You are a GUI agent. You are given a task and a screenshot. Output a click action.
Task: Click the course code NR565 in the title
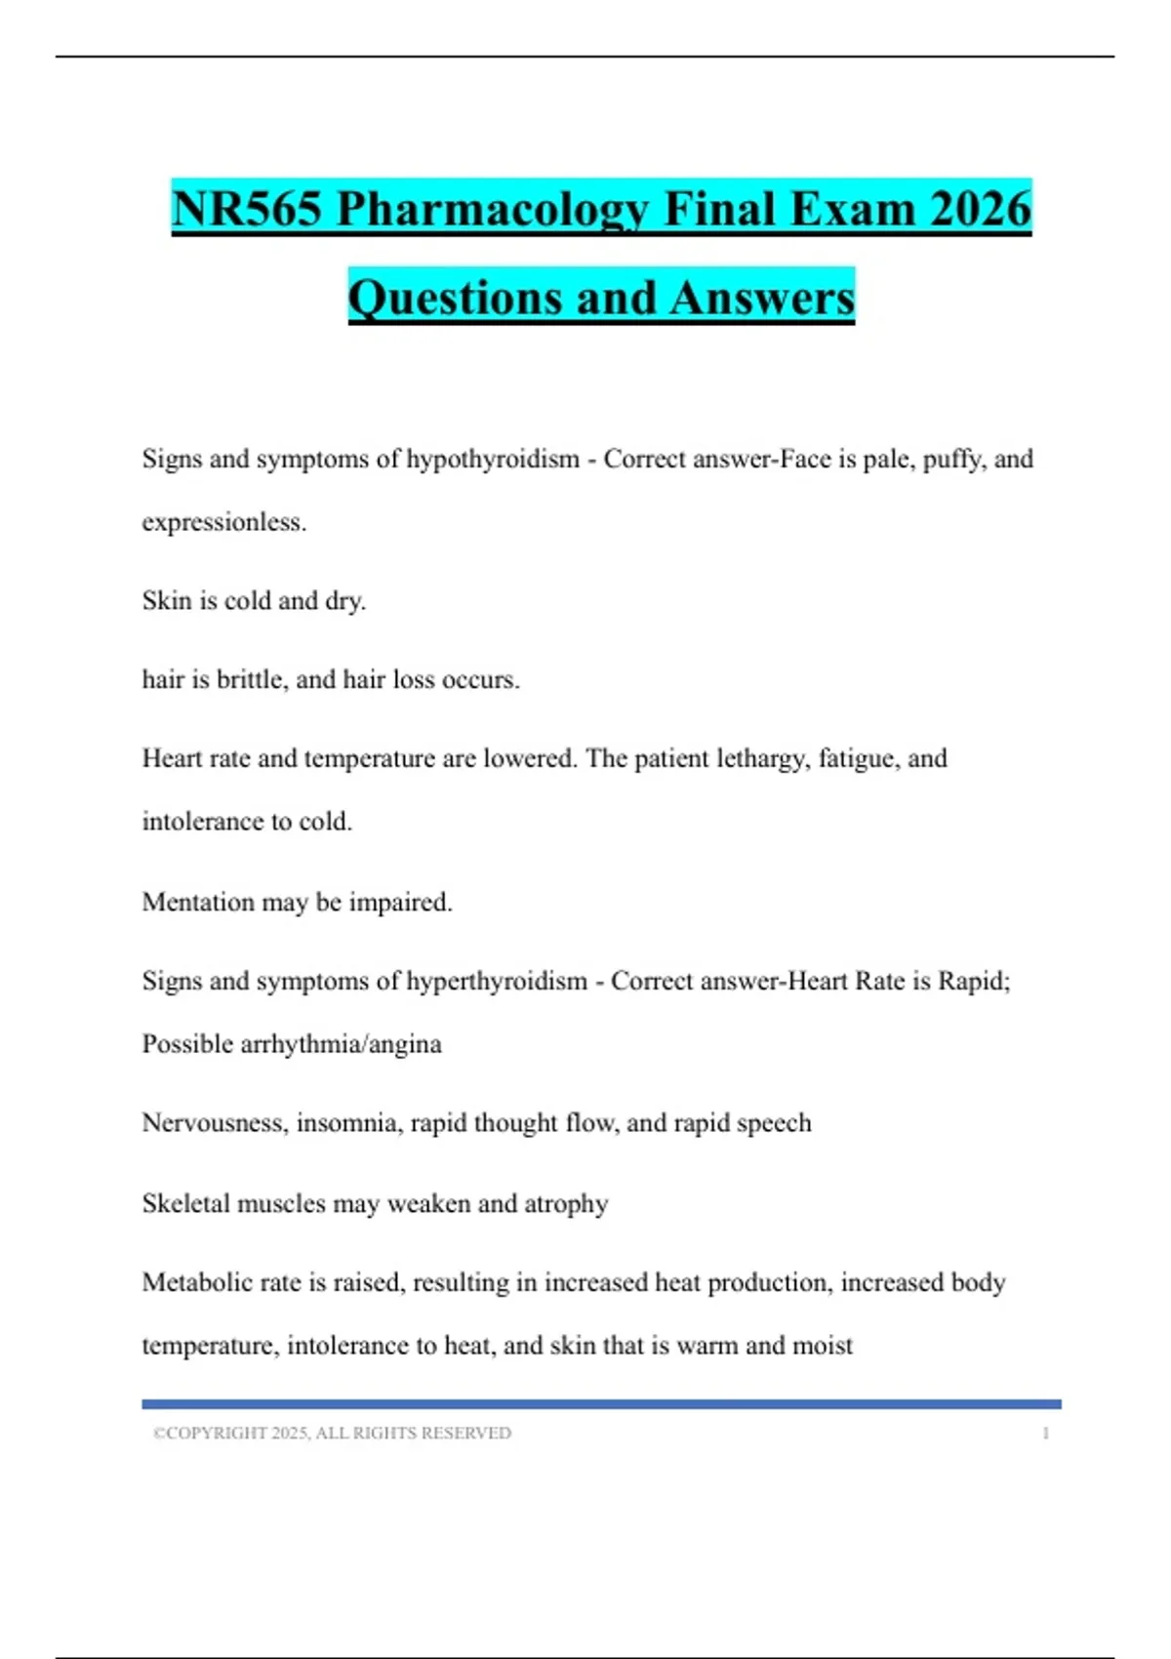[x=246, y=209]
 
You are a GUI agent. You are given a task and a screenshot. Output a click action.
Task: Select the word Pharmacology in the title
[x=493, y=209]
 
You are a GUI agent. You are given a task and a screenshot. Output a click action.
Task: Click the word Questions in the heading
[x=455, y=298]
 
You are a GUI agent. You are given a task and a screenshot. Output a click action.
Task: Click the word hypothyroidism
[x=492, y=460]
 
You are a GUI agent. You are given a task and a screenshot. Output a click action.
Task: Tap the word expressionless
[x=223, y=523]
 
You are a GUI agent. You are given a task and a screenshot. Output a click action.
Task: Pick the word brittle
[x=251, y=679]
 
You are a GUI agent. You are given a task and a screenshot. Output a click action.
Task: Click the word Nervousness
[x=215, y=1123]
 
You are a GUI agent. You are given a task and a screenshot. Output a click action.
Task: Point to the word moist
[x=823, y=1346]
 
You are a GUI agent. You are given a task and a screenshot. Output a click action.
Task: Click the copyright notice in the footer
[x=332, y=1433]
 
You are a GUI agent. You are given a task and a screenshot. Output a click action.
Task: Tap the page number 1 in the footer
[x=1045, y=1434]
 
